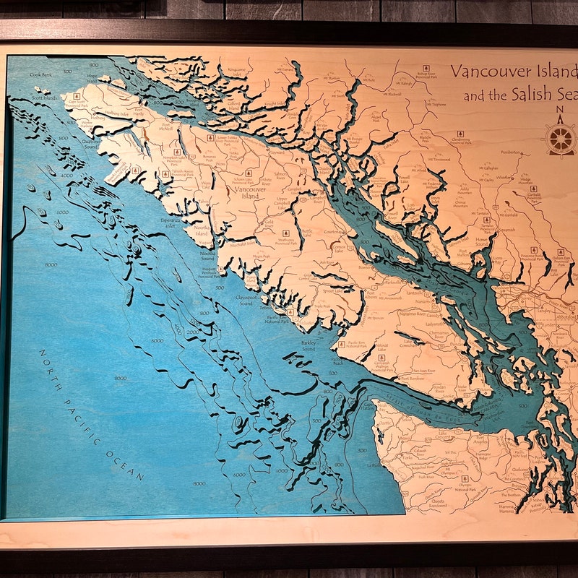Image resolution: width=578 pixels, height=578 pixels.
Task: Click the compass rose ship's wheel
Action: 560,138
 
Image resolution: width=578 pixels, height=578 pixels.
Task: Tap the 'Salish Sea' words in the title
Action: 530,95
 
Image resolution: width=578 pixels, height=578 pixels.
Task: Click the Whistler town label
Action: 505,177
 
